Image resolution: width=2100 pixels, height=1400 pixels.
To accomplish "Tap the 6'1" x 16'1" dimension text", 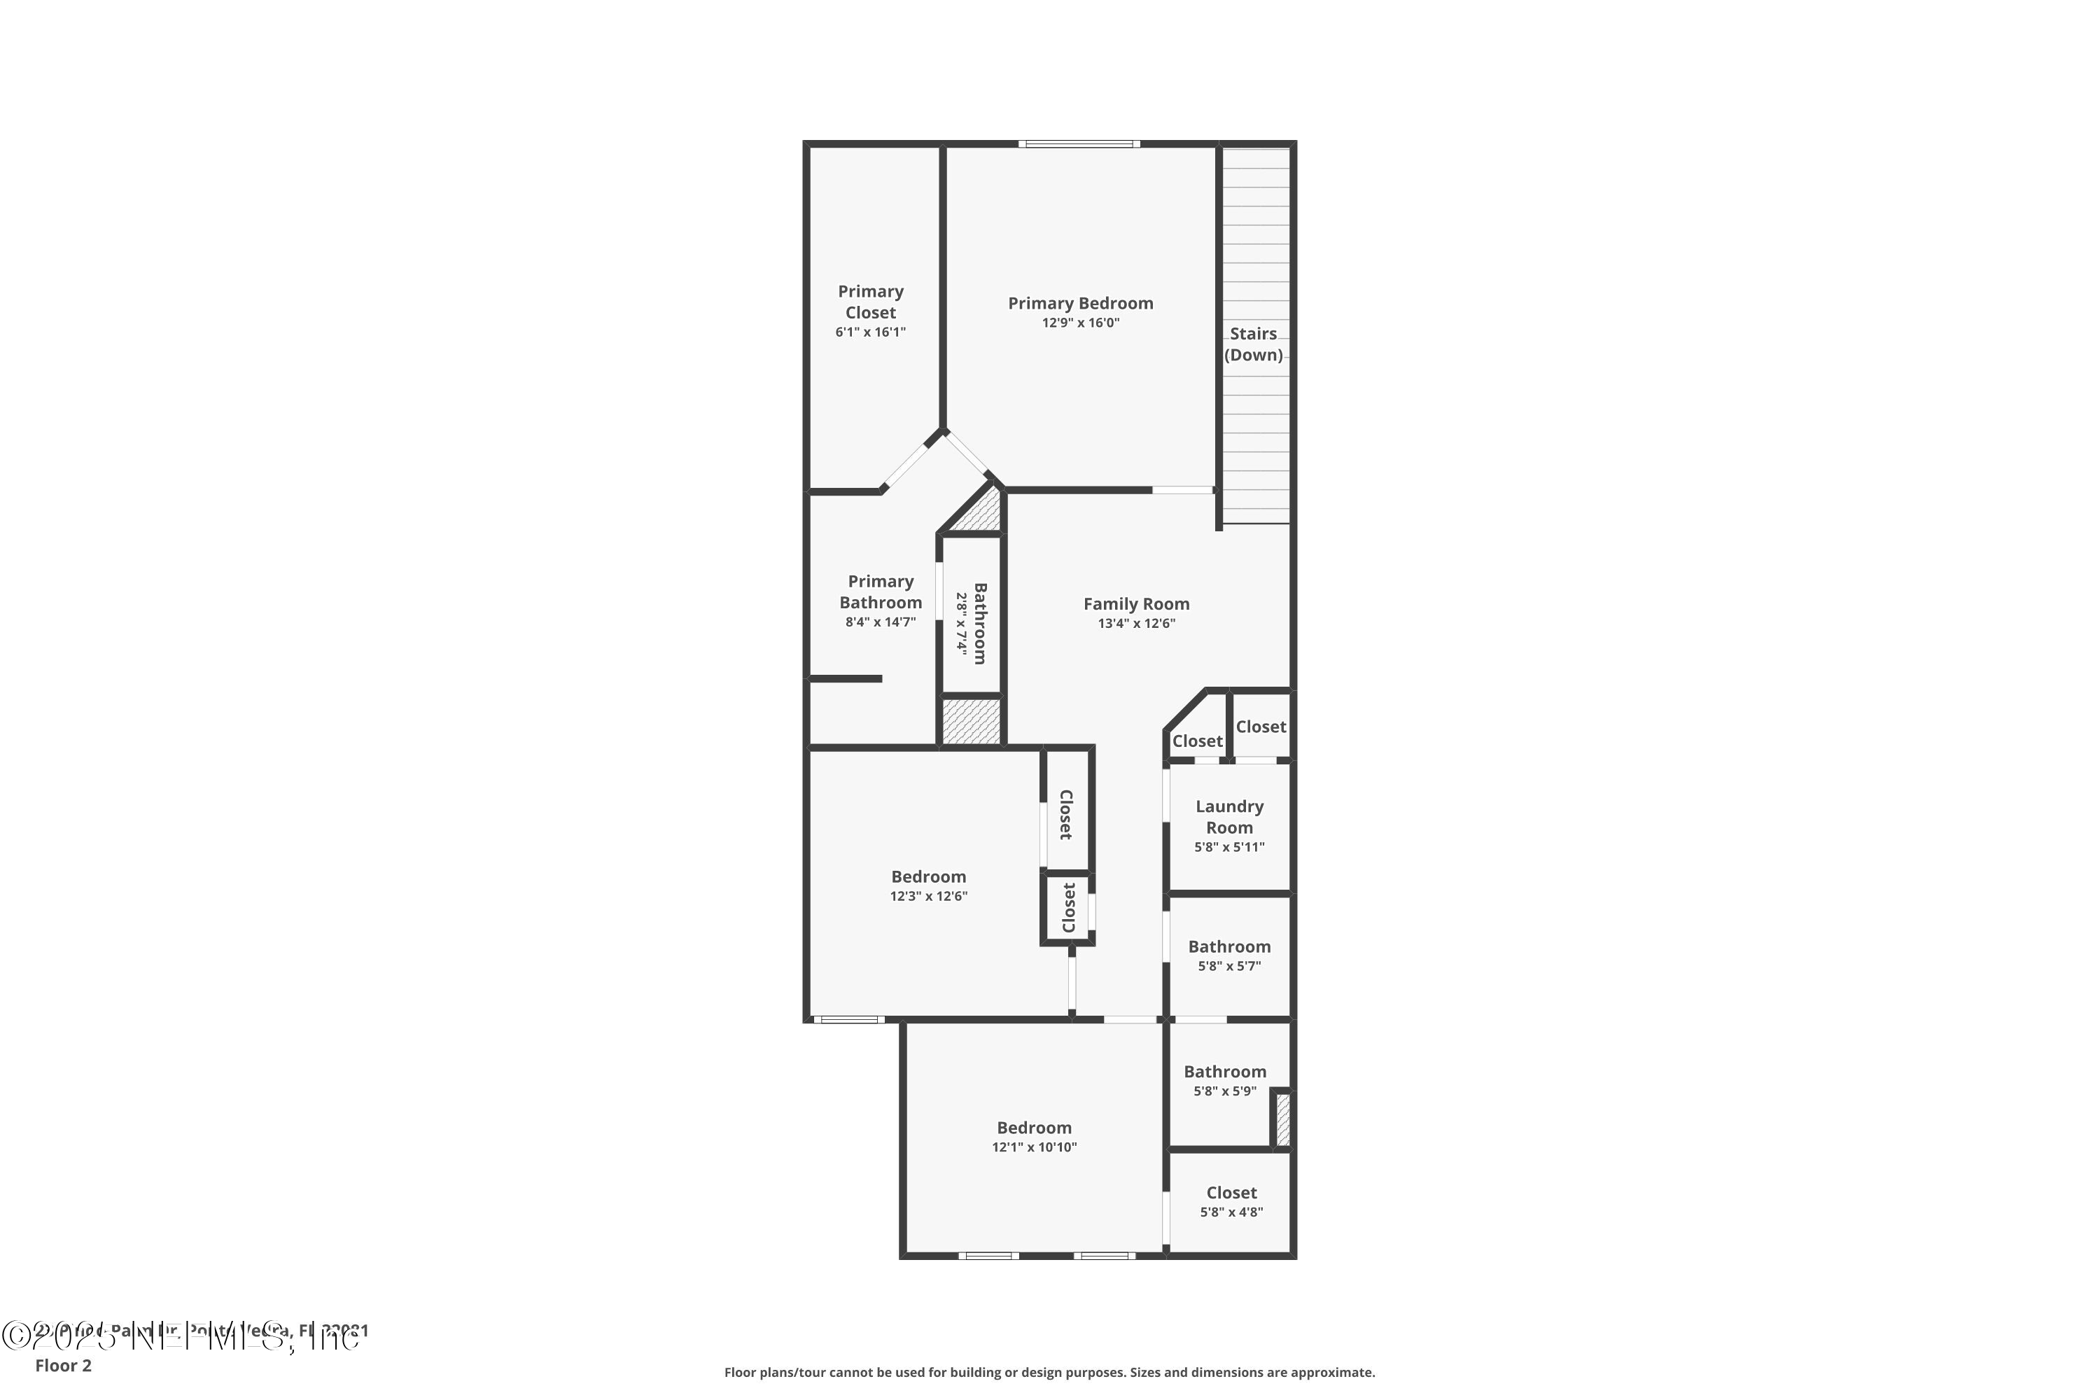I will pos(871,332).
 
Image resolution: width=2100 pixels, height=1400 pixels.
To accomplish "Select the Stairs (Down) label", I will pos(1253,344).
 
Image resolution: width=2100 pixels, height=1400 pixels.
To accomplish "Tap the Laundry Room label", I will pos(1228,817).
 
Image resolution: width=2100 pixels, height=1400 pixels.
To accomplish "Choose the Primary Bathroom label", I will pos(881,592).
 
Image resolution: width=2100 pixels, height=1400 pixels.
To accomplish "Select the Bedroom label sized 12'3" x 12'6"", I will pos(929,877).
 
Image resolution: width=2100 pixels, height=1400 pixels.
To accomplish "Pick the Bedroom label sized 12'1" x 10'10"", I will pos(1034,1128).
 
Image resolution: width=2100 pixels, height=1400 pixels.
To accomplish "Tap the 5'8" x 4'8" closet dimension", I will pos(1231,1212).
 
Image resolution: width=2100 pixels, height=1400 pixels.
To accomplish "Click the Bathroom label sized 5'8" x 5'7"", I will pos(1228,946).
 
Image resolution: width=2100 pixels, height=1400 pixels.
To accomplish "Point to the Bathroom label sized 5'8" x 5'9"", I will pos(1224,1072).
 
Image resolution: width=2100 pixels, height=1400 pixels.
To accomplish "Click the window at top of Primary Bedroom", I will pos(1079,143).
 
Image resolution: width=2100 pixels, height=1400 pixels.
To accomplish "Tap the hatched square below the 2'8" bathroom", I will pos(972,722).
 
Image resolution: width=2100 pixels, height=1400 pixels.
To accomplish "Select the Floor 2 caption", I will pos(64,1365).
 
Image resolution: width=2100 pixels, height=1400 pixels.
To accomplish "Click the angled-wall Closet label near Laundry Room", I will pos(1196,741).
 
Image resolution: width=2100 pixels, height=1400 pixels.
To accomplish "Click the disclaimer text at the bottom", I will pos(1049,1372).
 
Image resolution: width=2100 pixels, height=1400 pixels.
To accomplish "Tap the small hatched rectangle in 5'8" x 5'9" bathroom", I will pos(1282,1119).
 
